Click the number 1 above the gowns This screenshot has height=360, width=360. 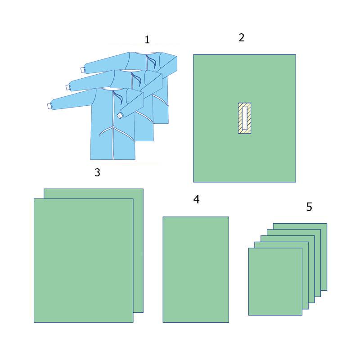tap(147, 40)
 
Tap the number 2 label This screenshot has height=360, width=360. tap(242, 38)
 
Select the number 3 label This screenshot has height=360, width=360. tap(97, 172)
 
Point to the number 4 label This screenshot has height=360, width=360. tap(196, 199)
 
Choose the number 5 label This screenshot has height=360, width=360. tap(309, 207)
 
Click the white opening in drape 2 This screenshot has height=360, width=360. tap(244, 118)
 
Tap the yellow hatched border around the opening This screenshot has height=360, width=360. tap(240, 118)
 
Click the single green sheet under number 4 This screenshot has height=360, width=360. tap(196, 270)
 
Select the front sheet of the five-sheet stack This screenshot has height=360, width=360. tap(275, 282)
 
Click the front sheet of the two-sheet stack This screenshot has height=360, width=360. tap(84, 261)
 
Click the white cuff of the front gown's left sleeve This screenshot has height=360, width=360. tap(49, 106)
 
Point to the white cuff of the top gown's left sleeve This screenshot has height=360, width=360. tap(82, 70)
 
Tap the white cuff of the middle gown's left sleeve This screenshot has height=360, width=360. tap(67, 88)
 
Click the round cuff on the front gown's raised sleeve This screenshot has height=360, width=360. tap(120, 116)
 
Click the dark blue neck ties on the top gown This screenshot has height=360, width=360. tap(152, 61)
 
